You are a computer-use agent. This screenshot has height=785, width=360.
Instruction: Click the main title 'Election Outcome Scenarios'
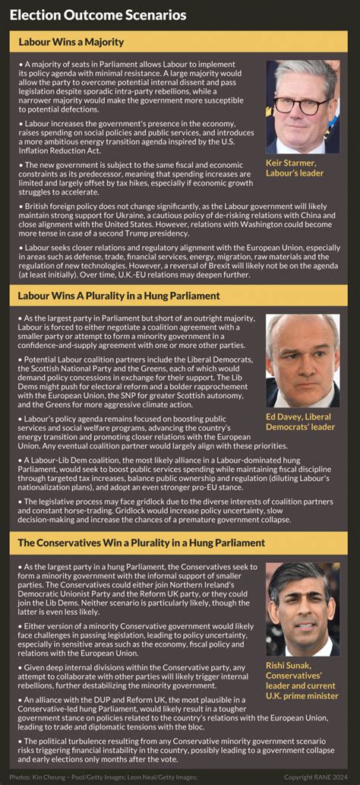[x=98, y=15]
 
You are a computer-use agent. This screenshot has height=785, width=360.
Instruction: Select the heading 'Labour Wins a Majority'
[x=71, y=42]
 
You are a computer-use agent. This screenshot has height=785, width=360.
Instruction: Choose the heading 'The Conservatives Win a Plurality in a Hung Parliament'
[x=141, y=543]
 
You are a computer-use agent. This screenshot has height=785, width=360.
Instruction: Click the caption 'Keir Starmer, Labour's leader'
[x=295, y=168]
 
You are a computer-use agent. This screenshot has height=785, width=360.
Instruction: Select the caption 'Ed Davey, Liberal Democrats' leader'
[x=300, y=422]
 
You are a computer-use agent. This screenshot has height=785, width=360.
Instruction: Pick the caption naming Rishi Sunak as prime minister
[x=302, y=680]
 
